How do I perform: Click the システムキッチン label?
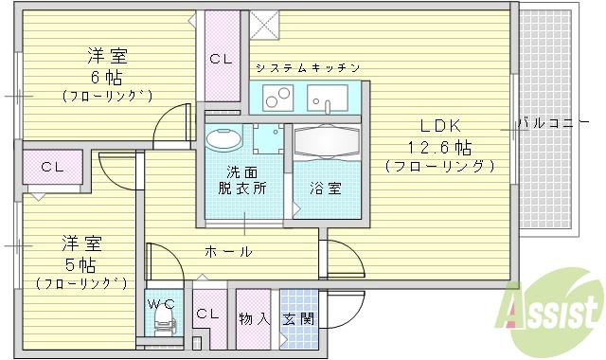click(306, 68)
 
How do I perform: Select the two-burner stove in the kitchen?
click(277, 97)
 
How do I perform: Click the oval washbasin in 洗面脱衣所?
click(223, 138)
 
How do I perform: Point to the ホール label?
click(228, 251)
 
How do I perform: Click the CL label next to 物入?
click(207, 313)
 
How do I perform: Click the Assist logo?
click(553, 308)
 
